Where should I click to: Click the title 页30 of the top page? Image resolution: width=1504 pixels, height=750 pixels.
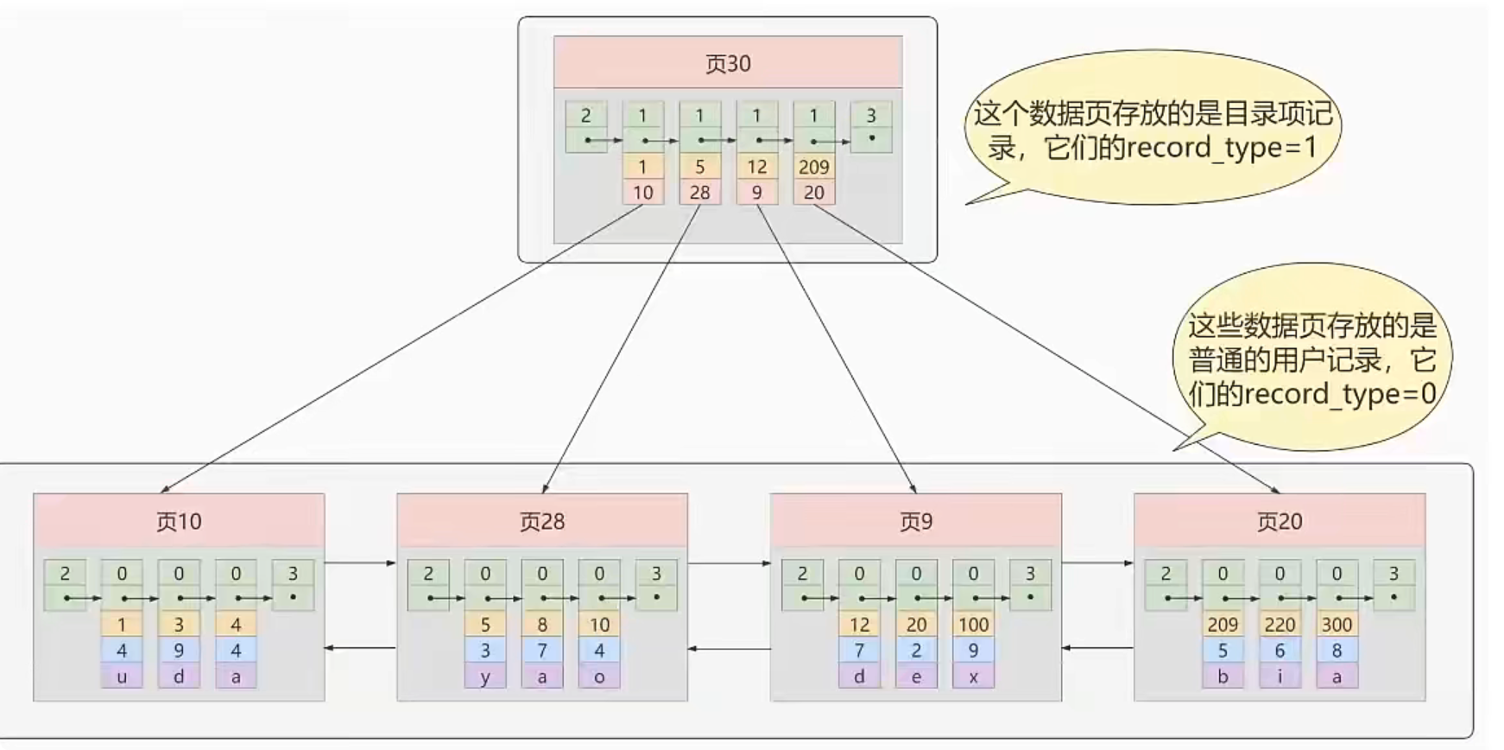click(x=728, y=64)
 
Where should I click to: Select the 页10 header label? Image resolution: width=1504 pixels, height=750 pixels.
click(x=179, y=522)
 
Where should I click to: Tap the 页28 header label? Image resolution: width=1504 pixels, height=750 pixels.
click(x=542, y=522)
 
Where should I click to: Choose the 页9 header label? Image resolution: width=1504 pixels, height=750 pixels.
click(x=916, y=522)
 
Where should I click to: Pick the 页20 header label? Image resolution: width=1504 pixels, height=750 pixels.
click(x=1280, y=522)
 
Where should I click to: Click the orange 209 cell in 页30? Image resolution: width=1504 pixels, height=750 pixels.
click(x=814, y=167)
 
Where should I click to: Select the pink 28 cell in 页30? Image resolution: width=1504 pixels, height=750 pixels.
click(x=699, y=193)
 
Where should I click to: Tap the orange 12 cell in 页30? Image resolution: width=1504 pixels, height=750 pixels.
click(x=757, y=167)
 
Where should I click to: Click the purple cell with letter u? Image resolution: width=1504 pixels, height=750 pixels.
click(x=122, y=677)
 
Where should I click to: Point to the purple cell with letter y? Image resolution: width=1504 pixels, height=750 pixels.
click(x=485, y=677)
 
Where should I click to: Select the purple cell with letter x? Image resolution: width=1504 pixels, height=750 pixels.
click(x=973, y=677)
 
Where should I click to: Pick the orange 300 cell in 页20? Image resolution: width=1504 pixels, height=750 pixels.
click(x=1337, y=625)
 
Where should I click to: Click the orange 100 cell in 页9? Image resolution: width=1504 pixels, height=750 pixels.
click(x=973, y=625)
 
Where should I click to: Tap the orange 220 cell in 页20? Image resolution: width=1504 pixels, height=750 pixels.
click(x=1280, y=625)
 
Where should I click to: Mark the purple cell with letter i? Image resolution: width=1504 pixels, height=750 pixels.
click(x=1280, y=677)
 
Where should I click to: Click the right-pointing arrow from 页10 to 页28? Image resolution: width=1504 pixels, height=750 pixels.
click(x=360, y=563)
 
